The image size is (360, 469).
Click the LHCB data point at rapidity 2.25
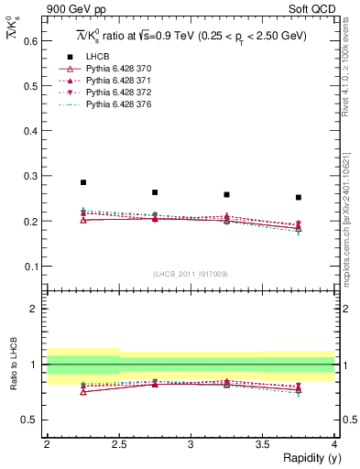pyautogui.click(x=82, y=182)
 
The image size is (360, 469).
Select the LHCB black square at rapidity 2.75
pyautogui.click(x=155, y=192)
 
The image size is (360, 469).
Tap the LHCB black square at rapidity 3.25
pyautogui.click(x=226, y=194)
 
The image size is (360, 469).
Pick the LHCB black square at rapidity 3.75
pyautogui.click(x=299, y=197)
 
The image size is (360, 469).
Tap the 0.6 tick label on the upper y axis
pyautogui.click(x=29, y=41)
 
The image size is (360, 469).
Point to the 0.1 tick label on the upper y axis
pyautogui.click(x=29, y=267)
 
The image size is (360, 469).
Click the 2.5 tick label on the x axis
pyautogui.click(x=118, y=444)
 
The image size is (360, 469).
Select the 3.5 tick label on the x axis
pyautogui.click(x=262, y=444)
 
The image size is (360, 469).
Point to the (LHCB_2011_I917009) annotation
pyautogui.click(x=190, y=274)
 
